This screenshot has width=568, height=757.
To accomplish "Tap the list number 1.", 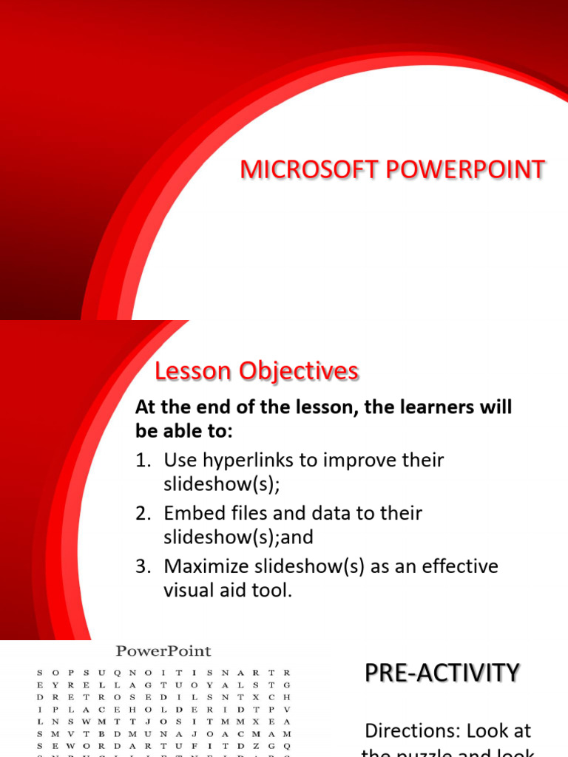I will point(142,461).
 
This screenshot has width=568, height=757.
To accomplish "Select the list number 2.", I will point(142,513).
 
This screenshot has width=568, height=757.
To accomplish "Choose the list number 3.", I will point(142,566).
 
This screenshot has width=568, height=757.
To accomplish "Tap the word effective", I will point(458,566).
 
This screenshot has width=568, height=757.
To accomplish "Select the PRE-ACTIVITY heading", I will point(442,673).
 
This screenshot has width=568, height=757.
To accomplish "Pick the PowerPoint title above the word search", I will point(163,651).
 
